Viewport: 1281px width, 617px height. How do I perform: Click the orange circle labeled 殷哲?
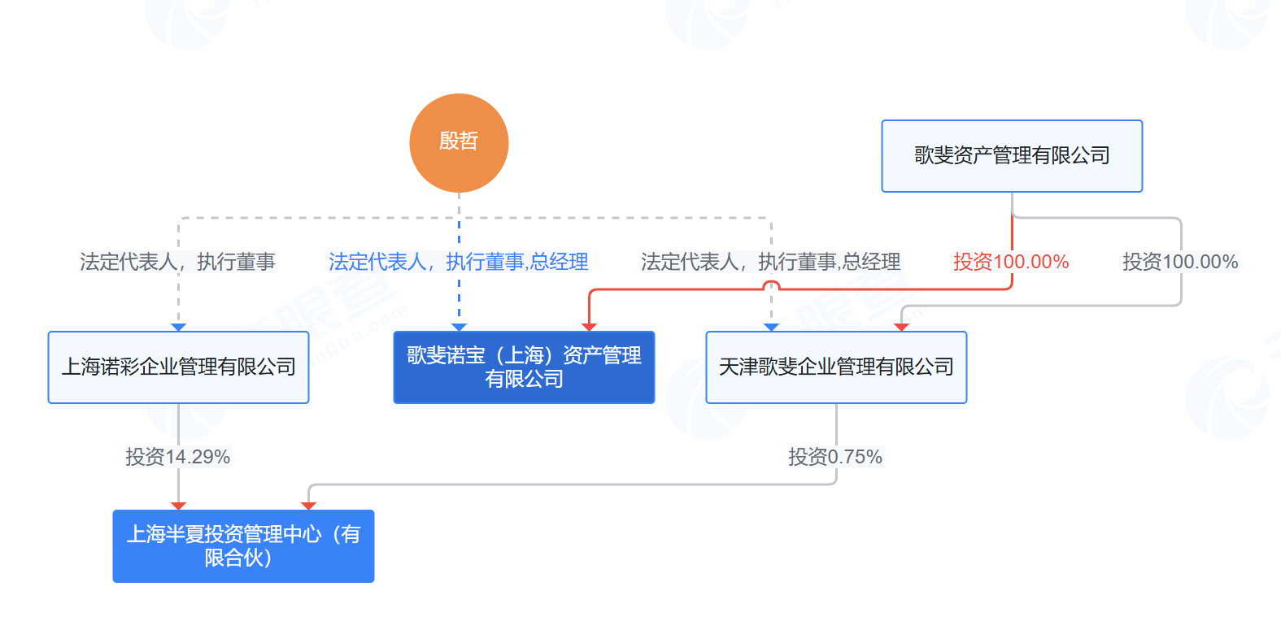459,143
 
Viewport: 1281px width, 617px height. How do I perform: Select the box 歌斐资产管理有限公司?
1012,155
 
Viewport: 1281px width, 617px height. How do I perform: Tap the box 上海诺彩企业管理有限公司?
178,367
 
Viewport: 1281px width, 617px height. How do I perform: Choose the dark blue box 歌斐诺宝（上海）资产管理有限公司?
524,367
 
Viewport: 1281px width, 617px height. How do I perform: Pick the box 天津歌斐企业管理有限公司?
836,367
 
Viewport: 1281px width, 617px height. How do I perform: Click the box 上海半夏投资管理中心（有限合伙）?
244,546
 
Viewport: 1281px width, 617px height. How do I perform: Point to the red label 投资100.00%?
1011,262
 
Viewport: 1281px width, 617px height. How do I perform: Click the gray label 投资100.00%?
1180,262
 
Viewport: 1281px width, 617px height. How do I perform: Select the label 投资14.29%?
178,457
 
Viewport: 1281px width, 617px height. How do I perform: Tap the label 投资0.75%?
835,457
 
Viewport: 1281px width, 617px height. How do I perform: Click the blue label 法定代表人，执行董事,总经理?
459,262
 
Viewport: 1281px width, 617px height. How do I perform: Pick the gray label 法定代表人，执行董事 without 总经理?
178,262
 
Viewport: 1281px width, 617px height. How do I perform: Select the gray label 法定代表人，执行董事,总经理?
771,262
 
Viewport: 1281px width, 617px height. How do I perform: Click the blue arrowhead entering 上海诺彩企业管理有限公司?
178,327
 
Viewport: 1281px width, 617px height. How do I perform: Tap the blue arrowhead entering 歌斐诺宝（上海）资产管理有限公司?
459,327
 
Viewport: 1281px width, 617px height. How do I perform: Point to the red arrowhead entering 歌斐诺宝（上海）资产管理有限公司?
589,327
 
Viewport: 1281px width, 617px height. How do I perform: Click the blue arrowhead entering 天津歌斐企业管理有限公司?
771,327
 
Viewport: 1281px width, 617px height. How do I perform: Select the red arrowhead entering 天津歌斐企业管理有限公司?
901,327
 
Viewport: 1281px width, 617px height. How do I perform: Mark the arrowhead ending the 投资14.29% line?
178,506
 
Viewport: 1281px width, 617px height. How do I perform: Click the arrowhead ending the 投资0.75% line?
309,506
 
